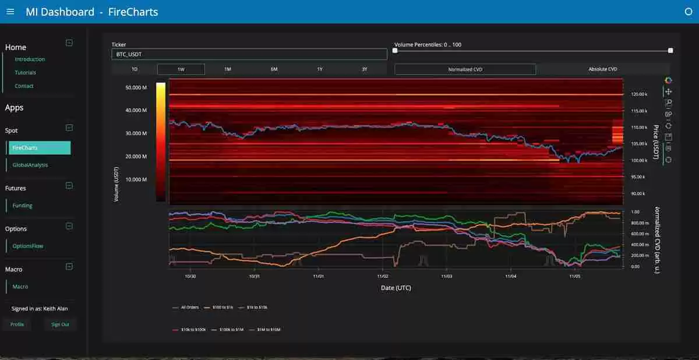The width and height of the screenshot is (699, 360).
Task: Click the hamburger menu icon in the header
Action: [x=10, y=12]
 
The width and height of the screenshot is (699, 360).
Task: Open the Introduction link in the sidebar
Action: [x=30, y=59]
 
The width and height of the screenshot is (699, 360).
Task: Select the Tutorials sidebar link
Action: [x=26, y=73]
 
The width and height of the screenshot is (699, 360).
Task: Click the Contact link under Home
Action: [x=24, y=86]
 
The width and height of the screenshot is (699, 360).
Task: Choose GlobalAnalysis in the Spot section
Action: [x=30, y=165]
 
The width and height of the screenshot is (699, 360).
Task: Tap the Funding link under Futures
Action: [x=23, y=206]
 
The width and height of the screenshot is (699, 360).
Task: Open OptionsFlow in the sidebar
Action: [x=28, y=246]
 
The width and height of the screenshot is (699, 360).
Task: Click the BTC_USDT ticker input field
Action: [x=249, y=54]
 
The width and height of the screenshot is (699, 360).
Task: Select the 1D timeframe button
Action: [x=135, y=69]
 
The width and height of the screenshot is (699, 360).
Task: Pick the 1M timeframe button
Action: [x=228, y=69]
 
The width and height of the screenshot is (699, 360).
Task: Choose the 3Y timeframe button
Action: [x=365, y=69]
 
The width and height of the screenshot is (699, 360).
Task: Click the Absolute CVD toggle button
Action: [x=603, y=69]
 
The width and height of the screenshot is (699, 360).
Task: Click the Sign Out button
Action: [x=60, y=324]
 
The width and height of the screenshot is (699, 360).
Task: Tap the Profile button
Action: [x=17, y=324]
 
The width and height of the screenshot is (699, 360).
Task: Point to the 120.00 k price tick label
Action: [x=640, y=94]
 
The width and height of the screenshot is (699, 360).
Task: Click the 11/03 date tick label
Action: [x=446, y=277]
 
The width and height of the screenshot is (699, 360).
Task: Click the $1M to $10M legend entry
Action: [x=268, y=330]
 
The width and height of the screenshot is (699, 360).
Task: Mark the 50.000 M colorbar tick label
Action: [x=136, y=87]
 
